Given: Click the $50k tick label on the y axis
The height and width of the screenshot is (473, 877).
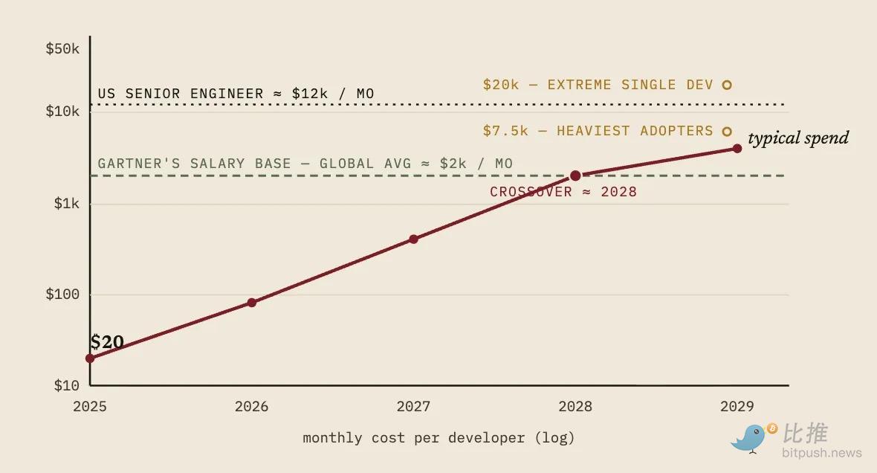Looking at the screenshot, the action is [62, 48].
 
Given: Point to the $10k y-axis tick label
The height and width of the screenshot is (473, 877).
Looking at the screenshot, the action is [62, 111].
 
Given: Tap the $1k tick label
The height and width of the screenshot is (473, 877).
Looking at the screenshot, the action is [67, 203].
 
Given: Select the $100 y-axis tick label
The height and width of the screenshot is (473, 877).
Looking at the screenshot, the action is [62, 294].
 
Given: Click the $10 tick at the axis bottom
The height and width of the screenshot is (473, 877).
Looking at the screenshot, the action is [67, 385].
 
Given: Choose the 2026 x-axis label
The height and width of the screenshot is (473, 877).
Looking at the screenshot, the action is [252, 406].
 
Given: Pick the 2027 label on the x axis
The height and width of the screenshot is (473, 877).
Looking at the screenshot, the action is [413, 406].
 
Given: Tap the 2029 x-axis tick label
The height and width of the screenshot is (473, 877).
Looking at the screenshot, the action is [737, 406].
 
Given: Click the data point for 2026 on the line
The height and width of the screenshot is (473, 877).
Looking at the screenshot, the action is [252, 302].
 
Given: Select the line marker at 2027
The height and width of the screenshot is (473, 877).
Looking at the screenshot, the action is [413, 239].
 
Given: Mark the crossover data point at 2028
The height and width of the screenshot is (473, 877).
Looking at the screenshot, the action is [575, 176].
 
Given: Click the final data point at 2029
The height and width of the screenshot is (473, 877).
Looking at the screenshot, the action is [737, 148].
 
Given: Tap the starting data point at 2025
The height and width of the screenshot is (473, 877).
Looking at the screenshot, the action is [90, 358].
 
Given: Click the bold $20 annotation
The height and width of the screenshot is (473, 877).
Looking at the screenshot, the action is [107, 341].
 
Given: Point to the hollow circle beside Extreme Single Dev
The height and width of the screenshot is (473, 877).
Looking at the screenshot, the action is [727, 85].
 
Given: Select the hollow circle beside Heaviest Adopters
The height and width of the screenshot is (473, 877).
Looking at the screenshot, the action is [727, 132].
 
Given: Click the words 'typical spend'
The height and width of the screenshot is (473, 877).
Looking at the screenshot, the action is [798, 138].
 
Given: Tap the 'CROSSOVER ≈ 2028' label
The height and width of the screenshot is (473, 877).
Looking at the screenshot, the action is [563, 192].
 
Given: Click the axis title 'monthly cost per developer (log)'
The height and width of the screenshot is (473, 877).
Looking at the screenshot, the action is [438, 438].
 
